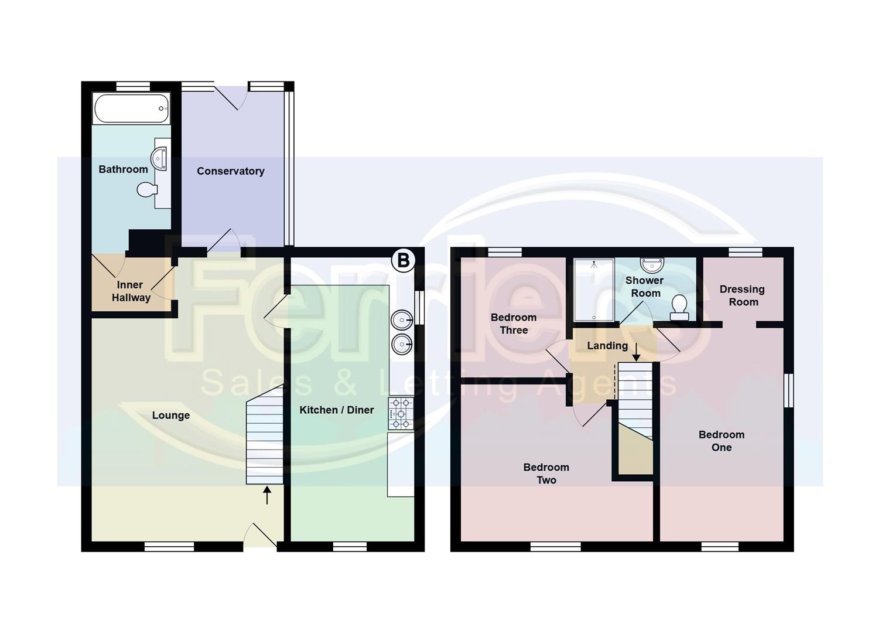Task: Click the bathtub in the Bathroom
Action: pyautogui.click(x=132, y=108)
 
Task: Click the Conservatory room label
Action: pyautogui.click(x=230, y=171)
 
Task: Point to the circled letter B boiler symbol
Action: pyautogui.click(x=403, y=260)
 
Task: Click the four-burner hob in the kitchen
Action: pyautogui.click(x=401, y=414)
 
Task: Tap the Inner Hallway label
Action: pyautogui.click(x=131, y=291)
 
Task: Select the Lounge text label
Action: pyautogui.click(x=170, y=416)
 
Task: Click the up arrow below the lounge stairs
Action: pyautogui.click(x=267, y=495)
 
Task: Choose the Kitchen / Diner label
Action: pyautogui.click(x=336, y=410)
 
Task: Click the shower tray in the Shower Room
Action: pyautogui.click(x=594, y=290)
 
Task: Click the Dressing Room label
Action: pyautogui.click(x=742, y=295)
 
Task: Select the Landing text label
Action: pyautogui.click(x=607, y=346)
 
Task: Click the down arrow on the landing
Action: pyautogui.click(x=636, y=352)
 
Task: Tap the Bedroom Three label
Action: pyautogui.click(x=513, y=324)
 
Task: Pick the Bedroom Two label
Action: pyautogui.click(x=546, y=474)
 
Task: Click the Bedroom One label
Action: pyautogui.click(x=721, y=441)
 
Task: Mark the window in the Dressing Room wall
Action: pyautogui.click(x=746, y=251)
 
